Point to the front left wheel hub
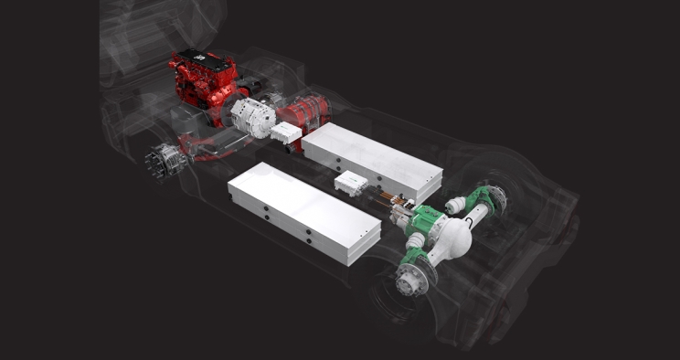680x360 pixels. coord(165,163)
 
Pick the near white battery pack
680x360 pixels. coord(303,212)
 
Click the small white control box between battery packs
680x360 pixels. coord(351,184)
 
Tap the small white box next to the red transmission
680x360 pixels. coord(286,133)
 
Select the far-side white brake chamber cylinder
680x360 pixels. coord(455,204)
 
